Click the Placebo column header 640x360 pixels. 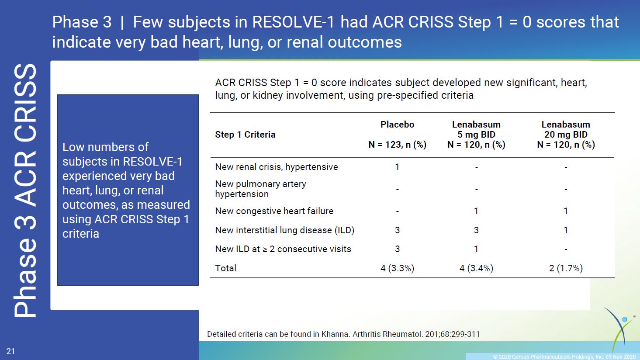(397, 125)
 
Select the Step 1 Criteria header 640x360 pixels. (245, 135)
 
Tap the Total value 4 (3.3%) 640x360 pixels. (397, 268)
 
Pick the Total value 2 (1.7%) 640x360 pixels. (566, 268)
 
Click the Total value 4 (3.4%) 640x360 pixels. (476, 268)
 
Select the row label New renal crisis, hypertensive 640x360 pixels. (277, 167)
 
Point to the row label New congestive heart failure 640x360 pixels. (274, 211)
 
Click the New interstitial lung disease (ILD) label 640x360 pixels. (284, 230)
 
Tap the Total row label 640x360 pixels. (226, 268)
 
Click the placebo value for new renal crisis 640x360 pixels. (397, 167)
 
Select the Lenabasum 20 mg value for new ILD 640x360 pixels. (566, 230)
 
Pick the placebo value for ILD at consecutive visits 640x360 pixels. (397, 249)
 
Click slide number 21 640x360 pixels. (10, 351)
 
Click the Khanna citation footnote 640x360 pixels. (343, 334)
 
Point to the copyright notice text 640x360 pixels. (564, 357)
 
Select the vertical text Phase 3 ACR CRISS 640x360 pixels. (25, 190)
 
